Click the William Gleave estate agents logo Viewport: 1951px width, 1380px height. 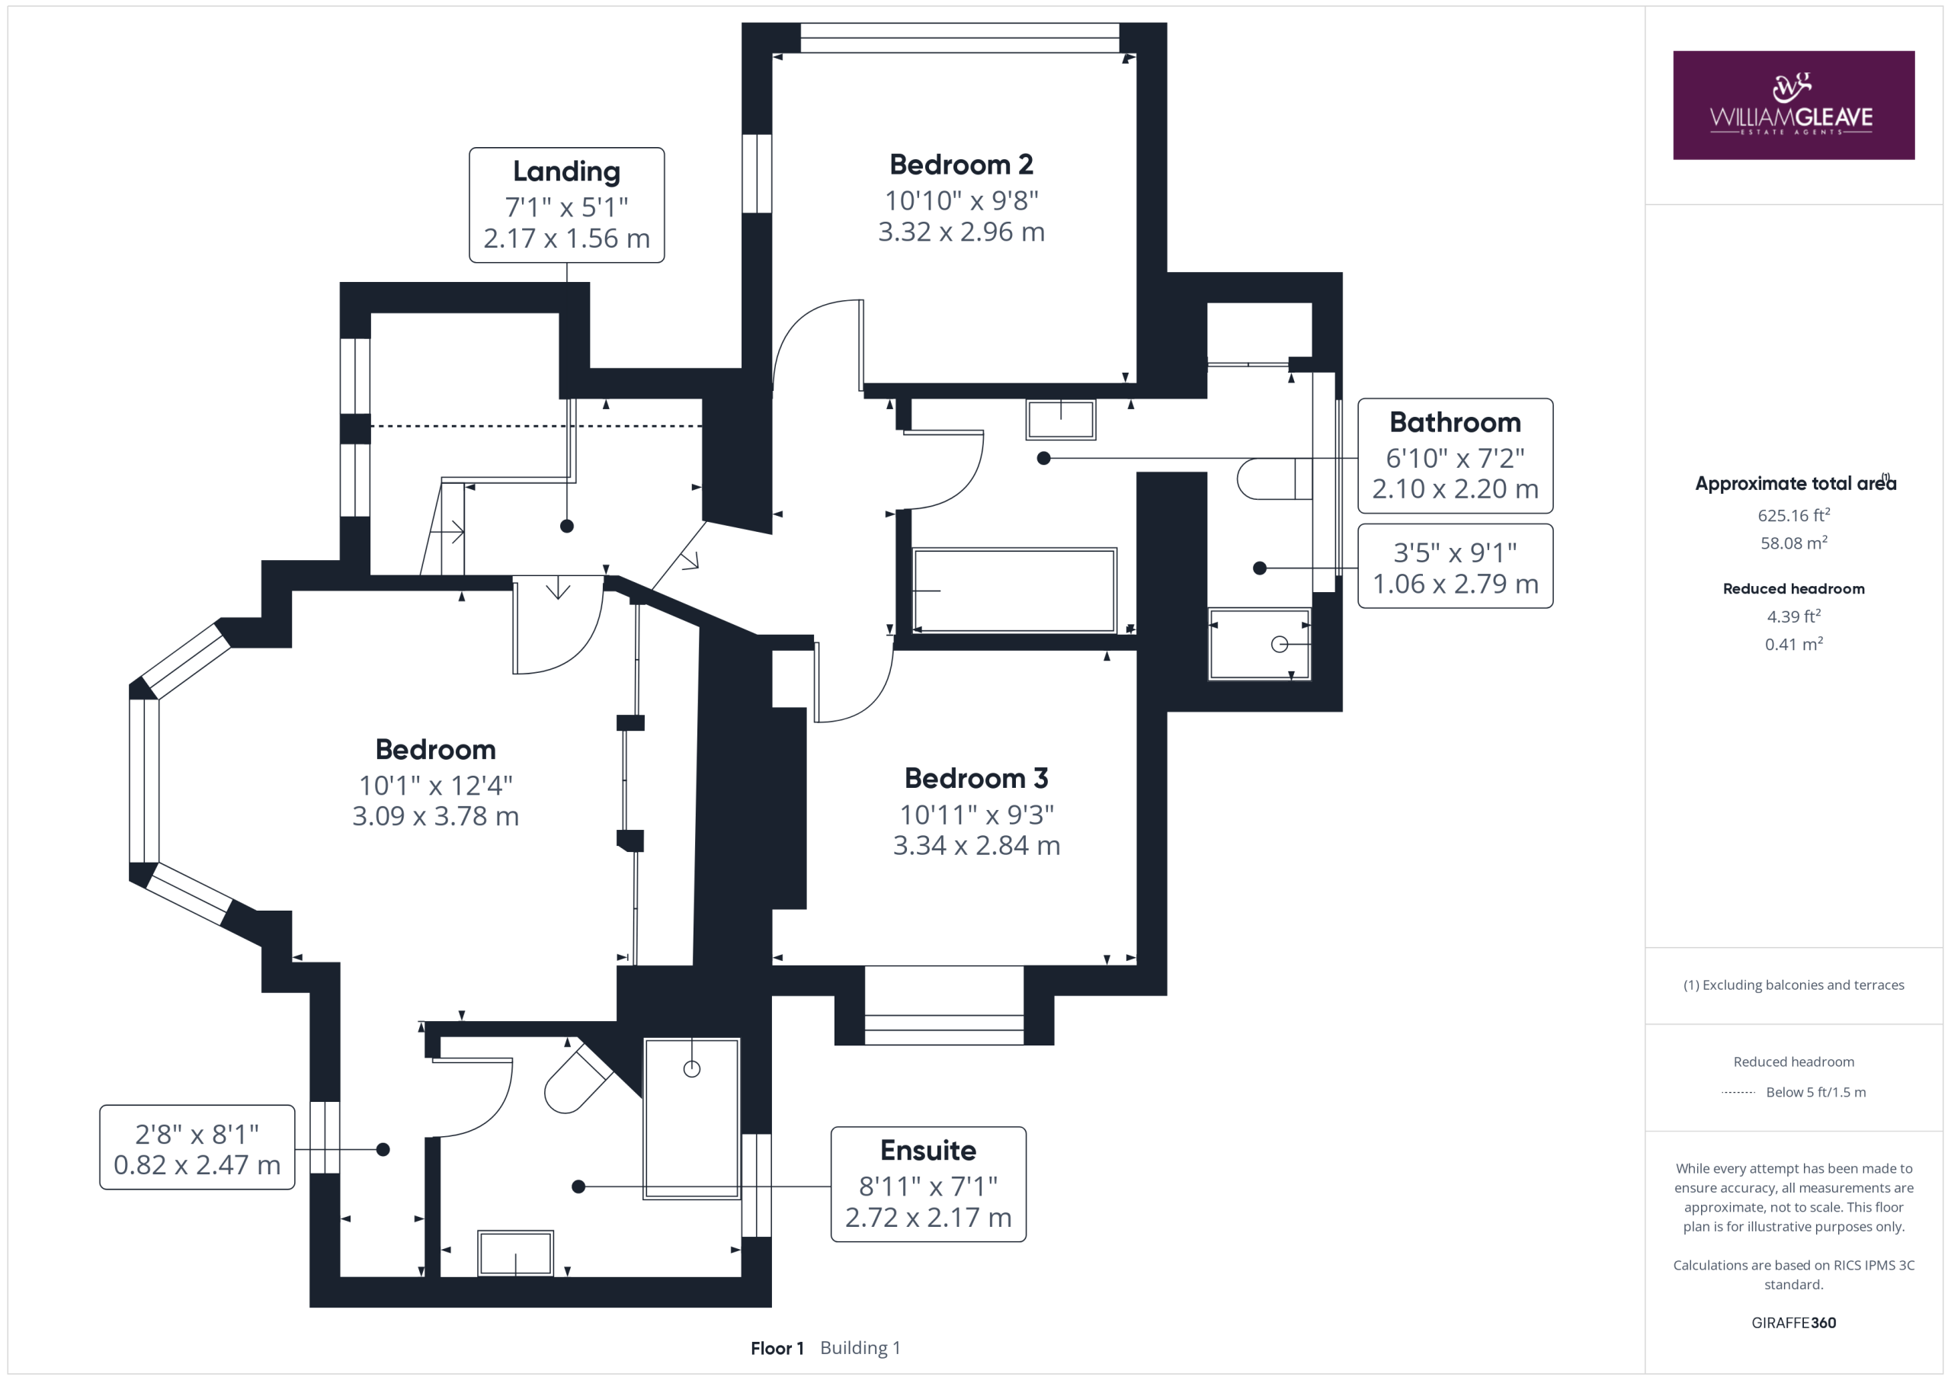click(x=1793, y=104)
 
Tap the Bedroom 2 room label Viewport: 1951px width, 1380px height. click(x=961, y=164)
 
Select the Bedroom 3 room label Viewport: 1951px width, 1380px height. click(x=975, y=777)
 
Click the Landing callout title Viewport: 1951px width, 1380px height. click(x=567, y=171)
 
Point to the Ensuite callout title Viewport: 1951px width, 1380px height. click(x=928, y=1150)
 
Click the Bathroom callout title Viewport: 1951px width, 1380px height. click(x=1455, y=421)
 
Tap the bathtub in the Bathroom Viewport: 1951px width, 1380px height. click(x=1014, y=591)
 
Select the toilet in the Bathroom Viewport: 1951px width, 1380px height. click(x=1273, y=479)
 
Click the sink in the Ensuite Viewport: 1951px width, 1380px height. click(x=515, y=1254)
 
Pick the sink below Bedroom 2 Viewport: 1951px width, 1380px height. click(x=1060, y=419)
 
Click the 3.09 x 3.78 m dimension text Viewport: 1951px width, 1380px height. click(x=435, y=816)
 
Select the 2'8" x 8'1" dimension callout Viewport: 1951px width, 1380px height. click(x=197, y=1148)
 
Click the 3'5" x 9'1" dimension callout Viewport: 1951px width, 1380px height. click(x=1455, y=567)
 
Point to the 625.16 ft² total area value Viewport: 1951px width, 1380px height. click(x=1793, y=515)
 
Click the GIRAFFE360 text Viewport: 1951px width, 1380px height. click(x=1793, y=1322)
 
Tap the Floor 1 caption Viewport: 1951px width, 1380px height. click(x=777, y=1348)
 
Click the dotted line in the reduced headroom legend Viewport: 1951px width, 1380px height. click(x=1738, y=1093)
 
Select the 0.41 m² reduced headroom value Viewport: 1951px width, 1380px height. click(x=1793, y=643)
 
